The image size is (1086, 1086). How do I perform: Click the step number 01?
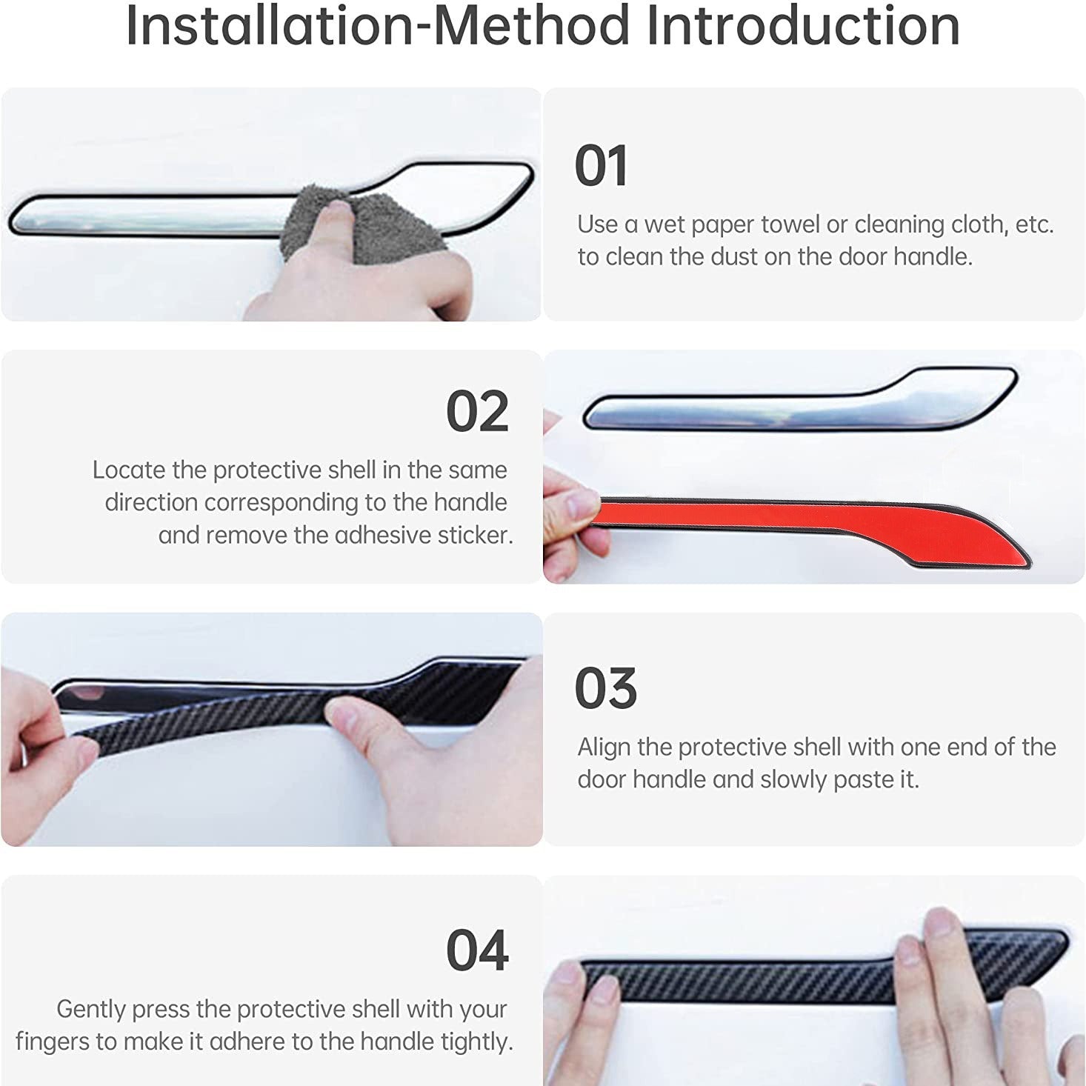click(601, 166)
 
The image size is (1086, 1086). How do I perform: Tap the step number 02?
click(477, 412)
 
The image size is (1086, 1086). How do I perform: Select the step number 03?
click(605, 689)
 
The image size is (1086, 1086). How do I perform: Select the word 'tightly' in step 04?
click(477, 1042)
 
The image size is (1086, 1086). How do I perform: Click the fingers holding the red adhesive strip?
click(570, 504)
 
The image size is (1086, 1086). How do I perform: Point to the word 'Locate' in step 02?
click(129, 470)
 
